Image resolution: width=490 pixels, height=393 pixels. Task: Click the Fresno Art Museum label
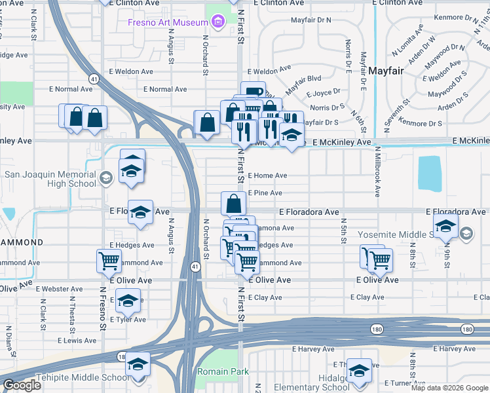tap(166, 23)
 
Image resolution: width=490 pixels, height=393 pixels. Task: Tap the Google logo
tap(22, 385)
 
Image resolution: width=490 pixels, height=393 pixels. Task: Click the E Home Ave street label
tap(267, 176)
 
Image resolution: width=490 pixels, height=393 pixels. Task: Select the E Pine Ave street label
tap(265, 193)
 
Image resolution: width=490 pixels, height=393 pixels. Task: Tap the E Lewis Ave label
tap(77, 341)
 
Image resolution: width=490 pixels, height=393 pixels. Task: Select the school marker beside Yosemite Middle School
tap(445, 227)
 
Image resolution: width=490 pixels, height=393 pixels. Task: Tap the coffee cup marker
tap(252, 92)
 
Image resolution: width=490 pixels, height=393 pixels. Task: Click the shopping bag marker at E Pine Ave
tap(233, 203)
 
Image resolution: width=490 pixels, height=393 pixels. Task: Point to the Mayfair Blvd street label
tap(303, 77)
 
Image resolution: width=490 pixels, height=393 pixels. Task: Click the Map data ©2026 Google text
tap(449, 388)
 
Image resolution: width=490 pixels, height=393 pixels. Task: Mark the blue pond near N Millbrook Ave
tap(429, 172)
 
